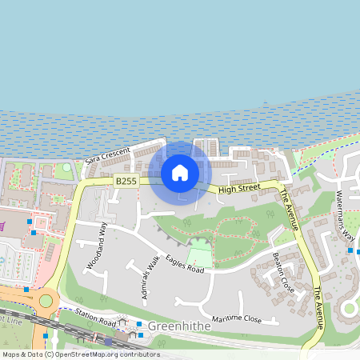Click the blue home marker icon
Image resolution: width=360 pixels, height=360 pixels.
(x=180, y=172)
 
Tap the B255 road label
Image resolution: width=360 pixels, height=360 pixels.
(x=126, y=182)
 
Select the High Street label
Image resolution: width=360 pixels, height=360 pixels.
(x=238, y=189)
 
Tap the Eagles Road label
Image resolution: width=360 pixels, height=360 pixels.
(x=185, y=265)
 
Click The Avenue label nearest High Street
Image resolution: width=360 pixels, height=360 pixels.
(x=289, y=210)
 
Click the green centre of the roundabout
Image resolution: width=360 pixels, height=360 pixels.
(x=46, y=301)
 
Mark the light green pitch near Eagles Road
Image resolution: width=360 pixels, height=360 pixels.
(x=201, y=258)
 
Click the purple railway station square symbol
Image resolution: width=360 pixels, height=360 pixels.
(x=109, y=341)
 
